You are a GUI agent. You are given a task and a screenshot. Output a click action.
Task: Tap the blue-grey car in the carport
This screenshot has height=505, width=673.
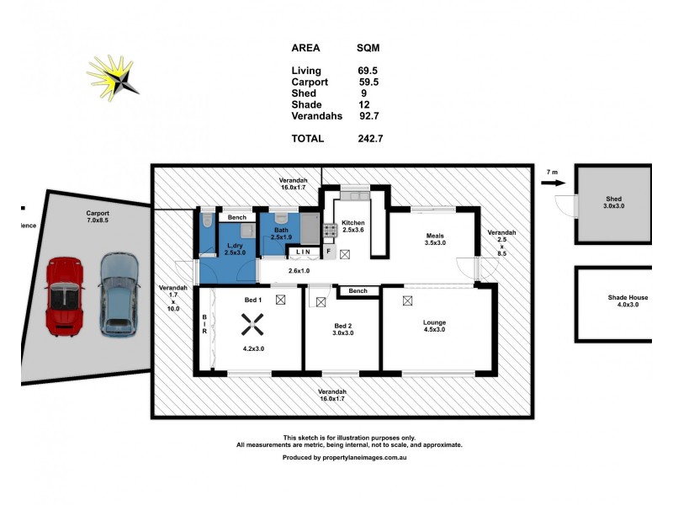tap(118, 295)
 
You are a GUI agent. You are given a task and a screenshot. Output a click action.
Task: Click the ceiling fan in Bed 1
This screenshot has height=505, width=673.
tap(251, 323)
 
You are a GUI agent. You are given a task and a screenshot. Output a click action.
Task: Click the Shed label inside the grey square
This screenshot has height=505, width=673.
tap(613, 200)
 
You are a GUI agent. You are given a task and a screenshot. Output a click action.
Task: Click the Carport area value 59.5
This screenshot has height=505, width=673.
tap(368, 82)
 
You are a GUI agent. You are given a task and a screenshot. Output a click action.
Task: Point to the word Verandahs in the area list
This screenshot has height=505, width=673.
tap(316, 116)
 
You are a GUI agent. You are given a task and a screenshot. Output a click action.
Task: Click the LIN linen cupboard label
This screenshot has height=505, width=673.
tap(303, 252)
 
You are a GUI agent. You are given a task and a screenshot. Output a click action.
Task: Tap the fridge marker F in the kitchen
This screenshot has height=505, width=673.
tap(329, 252)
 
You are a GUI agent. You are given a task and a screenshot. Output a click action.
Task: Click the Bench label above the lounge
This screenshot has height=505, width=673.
tap(358, 291)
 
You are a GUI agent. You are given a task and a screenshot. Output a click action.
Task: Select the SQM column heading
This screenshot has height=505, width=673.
tap(368, 48)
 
